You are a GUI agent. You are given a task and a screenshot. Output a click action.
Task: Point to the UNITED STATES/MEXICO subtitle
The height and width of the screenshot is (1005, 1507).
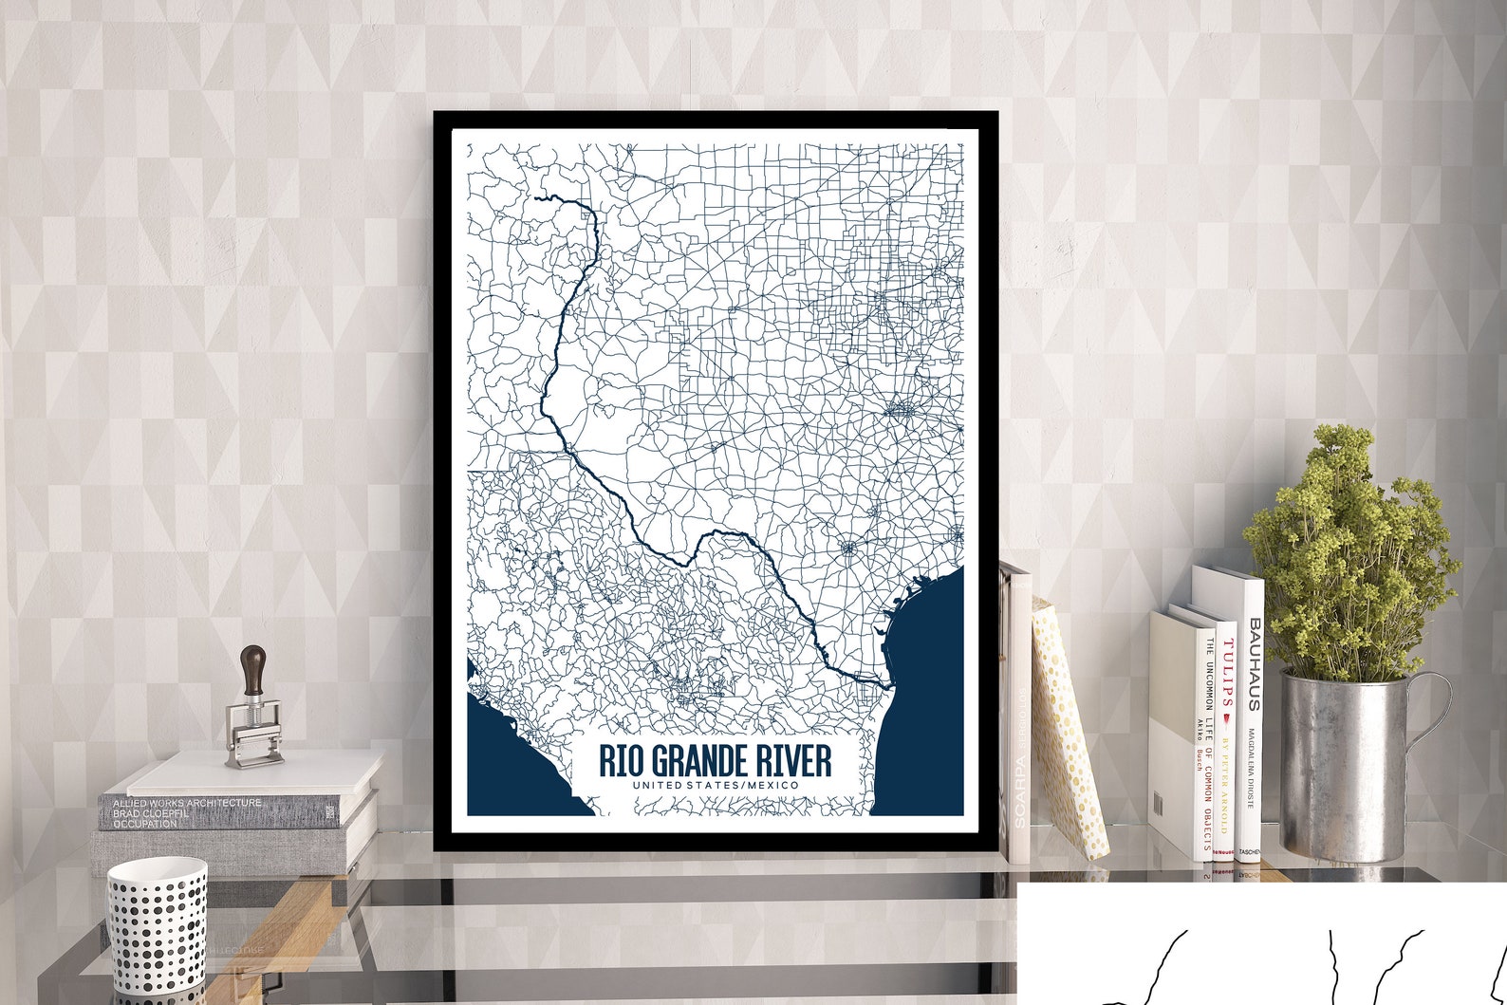point(716,786)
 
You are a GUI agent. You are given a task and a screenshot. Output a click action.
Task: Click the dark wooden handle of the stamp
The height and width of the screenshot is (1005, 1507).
point(253,670)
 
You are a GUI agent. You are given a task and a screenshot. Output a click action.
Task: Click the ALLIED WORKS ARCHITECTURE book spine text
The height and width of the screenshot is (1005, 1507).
point(187,803)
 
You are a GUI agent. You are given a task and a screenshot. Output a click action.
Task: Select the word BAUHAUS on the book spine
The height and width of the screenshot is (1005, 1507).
point(1254,664)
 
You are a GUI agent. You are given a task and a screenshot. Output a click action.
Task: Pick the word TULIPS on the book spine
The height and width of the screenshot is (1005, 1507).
point(1227,675)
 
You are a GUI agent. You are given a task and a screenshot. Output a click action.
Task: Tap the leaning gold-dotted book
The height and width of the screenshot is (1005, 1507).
point(1068,731)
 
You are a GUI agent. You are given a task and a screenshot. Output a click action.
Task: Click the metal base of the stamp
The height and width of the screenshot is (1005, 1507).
point(253,731)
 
